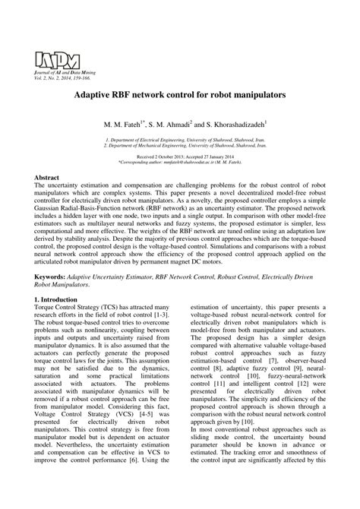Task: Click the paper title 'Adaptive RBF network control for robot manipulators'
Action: [x=179, y=98]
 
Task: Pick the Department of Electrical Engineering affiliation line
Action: [x=179, y=141]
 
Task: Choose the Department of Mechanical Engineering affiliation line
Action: [x=179, y=147]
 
